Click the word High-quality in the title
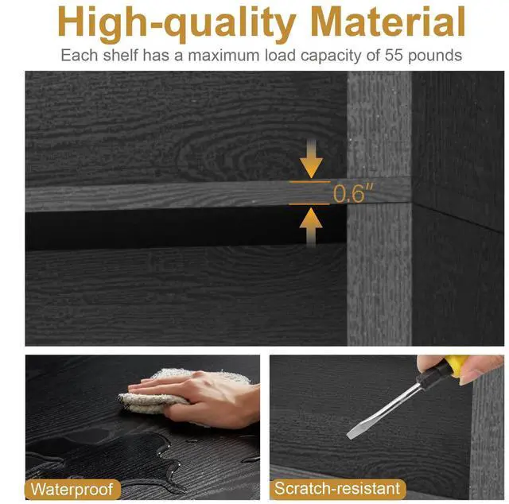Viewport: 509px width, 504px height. coord(177,24)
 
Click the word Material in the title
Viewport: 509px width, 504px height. coord(388,21)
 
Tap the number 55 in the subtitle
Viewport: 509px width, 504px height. coord(394,55)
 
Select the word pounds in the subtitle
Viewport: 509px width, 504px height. coord(435,56)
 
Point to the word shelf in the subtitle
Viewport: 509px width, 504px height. coord(120,55)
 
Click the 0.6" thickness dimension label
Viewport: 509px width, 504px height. coord(353,193)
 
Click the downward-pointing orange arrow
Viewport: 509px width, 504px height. coord(311,158)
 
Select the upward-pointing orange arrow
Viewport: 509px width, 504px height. coord(311,227)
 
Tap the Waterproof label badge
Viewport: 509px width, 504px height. coord(72,489)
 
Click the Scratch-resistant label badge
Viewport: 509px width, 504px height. coord(337,488)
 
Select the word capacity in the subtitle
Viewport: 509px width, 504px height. coord(331,56)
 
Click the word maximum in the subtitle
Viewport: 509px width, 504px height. coord(224,56)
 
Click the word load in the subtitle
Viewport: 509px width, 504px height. coord(281,55)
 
